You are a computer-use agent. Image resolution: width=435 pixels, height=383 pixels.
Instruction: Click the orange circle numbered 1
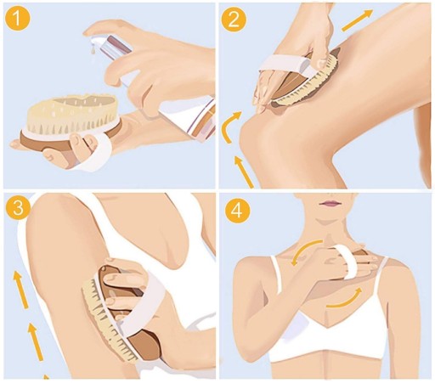tap(17, 18)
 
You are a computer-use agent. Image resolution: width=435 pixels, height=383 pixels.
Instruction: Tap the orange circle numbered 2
tap(234, 19)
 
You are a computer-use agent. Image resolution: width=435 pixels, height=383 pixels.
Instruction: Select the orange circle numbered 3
tap(18, 209)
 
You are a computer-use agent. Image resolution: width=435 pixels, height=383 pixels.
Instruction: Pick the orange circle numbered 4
tap(238, 211)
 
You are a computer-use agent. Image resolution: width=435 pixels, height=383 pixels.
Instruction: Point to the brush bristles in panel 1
tap(72, 112)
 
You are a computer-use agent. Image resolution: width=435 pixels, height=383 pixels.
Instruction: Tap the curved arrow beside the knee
tap(230, 126)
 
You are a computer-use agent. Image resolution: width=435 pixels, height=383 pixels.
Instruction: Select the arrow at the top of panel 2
tap(358, 20)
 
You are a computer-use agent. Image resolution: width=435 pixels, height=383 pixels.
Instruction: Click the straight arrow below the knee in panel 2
tap(243, 172)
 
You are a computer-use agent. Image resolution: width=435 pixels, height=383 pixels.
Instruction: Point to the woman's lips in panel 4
tap(330, 203)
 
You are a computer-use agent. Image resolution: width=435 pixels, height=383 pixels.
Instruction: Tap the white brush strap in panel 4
tap(346, 262)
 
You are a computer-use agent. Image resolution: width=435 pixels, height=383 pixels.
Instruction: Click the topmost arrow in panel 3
tap(21, 289)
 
